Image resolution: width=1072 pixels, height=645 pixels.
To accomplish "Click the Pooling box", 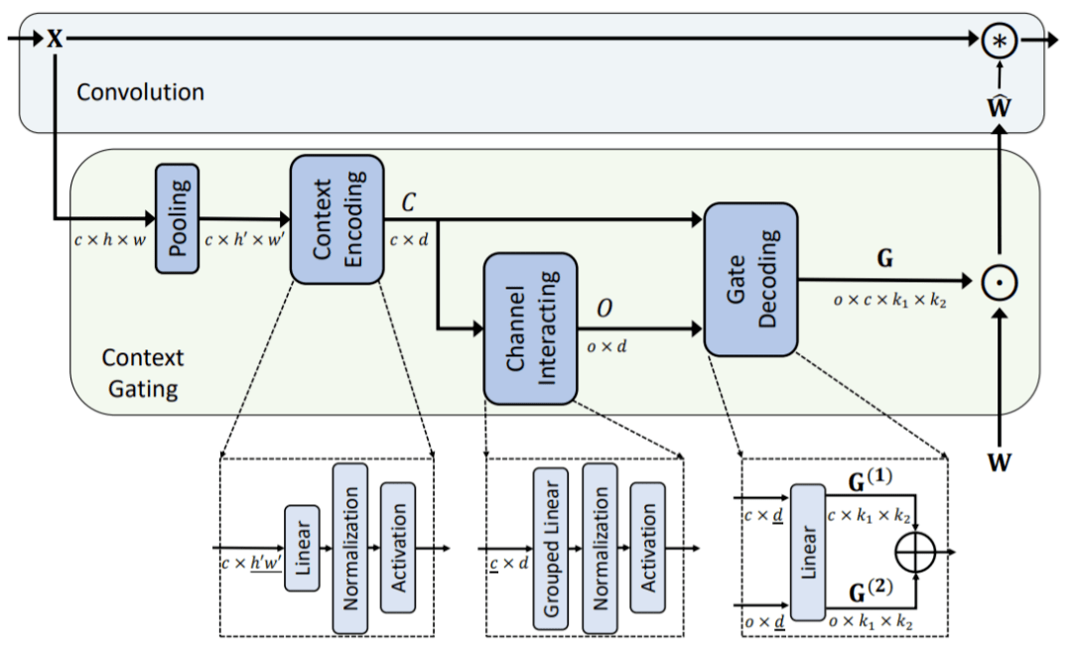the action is (x=177, y=218).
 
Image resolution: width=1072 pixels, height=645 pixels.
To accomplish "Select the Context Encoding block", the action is (x=337, y=219).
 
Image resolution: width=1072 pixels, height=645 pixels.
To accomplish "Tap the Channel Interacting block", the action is (x=530, y=328).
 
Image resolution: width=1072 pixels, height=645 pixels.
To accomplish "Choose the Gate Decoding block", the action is (x=750, y=279).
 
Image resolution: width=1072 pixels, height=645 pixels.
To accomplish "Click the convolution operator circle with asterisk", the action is (x=999, y=41).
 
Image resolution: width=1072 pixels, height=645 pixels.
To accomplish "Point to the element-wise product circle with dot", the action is (x=999, y=282).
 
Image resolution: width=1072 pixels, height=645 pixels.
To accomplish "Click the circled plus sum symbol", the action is (x=915, y=552).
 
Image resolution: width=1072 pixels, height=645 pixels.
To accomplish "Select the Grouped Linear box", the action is (x=550, y=549).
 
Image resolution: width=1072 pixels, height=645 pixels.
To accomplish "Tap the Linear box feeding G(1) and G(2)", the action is (x=807, y=552).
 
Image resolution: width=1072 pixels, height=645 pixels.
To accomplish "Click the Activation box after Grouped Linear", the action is (x=647, y=548).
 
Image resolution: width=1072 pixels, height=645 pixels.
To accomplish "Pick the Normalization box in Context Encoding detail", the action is (x=350, y=548).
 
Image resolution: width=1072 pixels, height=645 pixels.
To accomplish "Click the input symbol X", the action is (x=55, y=39).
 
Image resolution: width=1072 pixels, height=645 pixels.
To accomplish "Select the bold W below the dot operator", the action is (x=999, y=462).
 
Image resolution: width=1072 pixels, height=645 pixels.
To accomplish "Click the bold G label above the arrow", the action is (x=884, y=258).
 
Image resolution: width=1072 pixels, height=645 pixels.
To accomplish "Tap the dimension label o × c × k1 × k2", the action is (x=889, y=300).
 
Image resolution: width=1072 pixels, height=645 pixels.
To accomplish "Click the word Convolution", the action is (x=140, y=92).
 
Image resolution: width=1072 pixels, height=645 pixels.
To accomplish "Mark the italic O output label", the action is (x=604, y=309).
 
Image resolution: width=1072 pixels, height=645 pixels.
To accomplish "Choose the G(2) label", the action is (x=870, y=591).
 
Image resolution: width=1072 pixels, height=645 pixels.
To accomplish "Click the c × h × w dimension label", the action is (x=110, y=240).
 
